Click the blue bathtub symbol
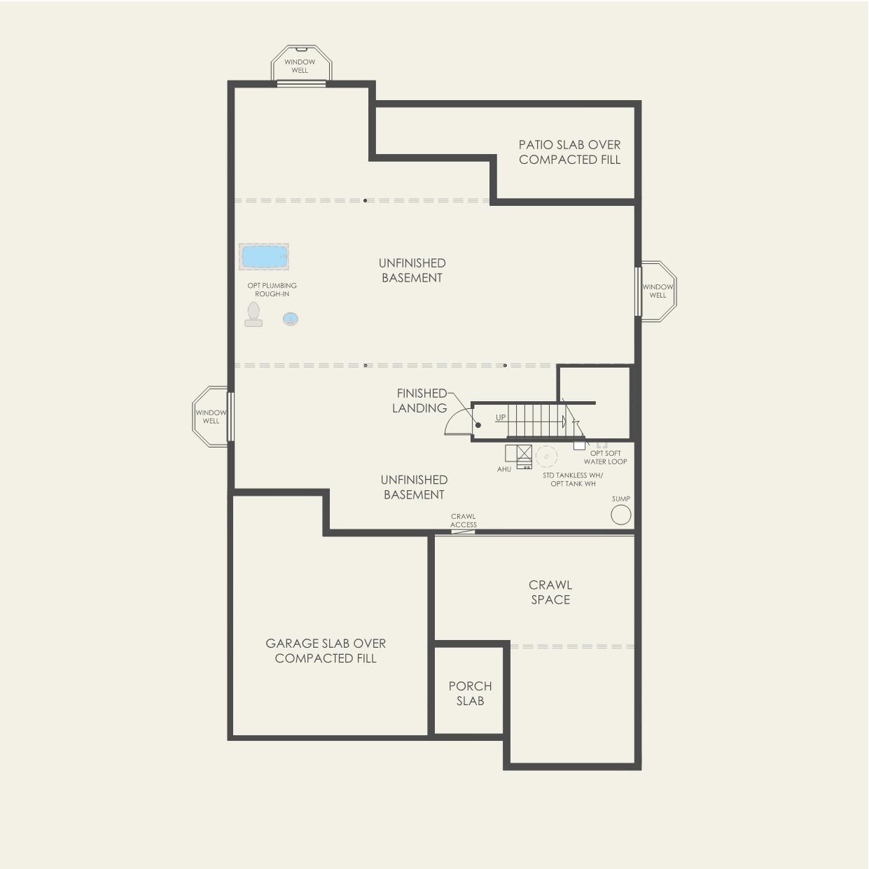[263, 257]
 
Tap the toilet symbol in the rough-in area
[253, 315]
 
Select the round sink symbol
[291, 319]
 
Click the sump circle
[621, 515]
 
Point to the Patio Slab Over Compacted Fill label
[569, 152]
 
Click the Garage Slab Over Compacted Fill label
[326, 651]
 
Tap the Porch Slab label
[470, 693]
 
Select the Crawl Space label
[550, 592]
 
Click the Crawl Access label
[464, 520]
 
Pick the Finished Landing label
[419, 401]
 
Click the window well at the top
[300, 65]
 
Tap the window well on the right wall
[658, 291]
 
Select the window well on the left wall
[210, 417]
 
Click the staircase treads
[536, 420]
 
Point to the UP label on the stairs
[501, 417]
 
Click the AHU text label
[504, 469]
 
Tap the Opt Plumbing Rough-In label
[272, 290]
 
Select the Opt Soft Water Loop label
[606, 457]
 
